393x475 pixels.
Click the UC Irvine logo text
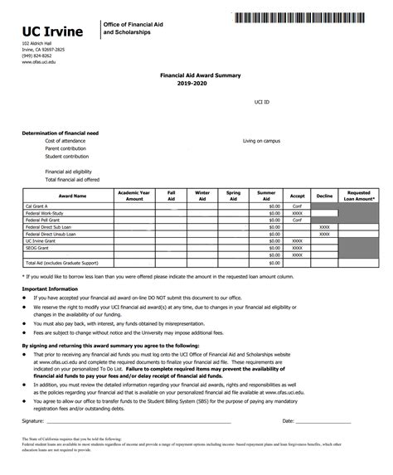[x=52, y=32]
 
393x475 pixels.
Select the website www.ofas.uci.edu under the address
[x=38, y=62]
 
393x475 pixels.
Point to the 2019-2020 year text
[x=195, y=82]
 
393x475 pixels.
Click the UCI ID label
[x=262, y=101]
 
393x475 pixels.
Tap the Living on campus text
[x=261, y=141]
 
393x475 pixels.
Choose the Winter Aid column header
[x=202, y=196]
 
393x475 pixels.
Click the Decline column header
[x=324, y=196]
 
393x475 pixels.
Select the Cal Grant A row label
[x=36, y=206]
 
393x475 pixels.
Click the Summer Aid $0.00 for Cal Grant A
[x=275, y=206]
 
